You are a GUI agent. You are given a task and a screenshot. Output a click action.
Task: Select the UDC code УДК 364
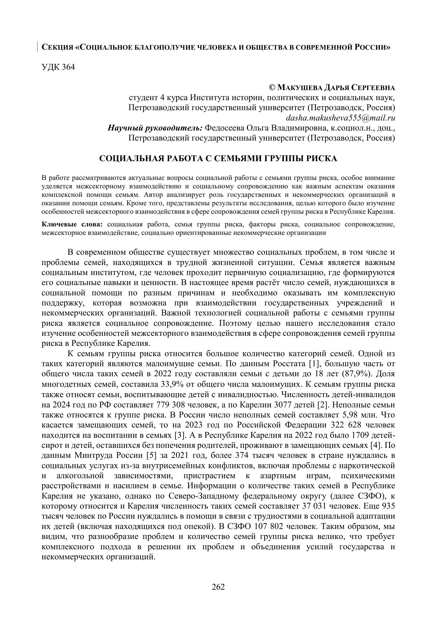coord(58,67)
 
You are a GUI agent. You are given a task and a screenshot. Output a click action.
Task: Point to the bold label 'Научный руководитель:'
coord(155,128)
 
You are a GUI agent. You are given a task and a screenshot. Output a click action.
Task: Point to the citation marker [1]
coord(314,364)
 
